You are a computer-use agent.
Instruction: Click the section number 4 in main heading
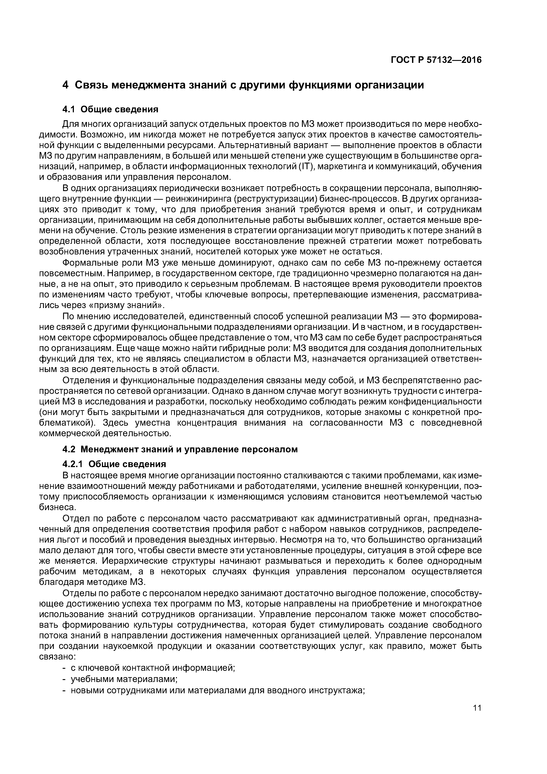pos(66,85)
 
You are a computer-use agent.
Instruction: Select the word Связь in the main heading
pos(90,85)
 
